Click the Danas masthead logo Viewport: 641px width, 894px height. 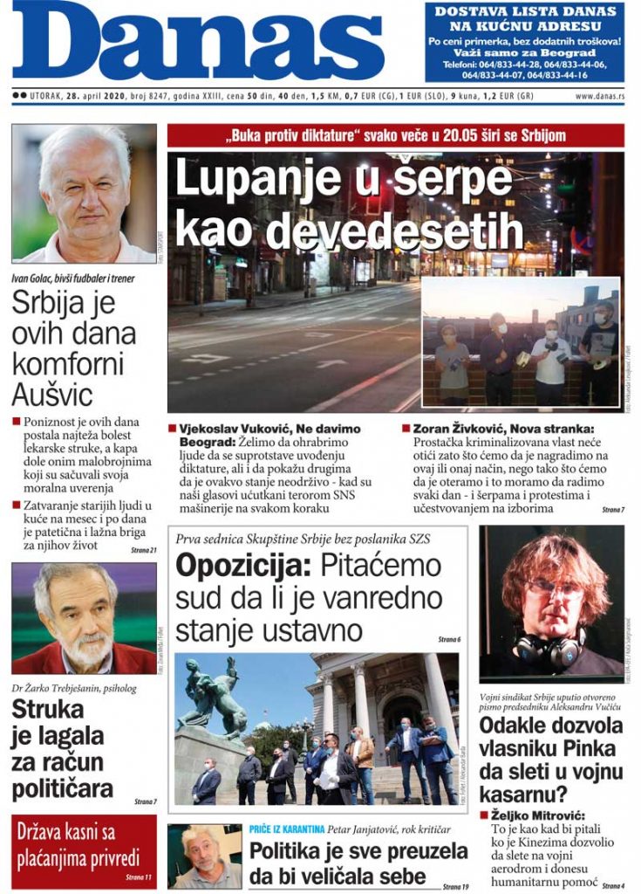click(198, 41)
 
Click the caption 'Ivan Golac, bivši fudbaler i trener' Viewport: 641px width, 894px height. click(73, 279)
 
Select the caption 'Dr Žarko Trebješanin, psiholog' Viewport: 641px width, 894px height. click(74, 687)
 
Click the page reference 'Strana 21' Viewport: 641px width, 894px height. click(144, 549)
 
